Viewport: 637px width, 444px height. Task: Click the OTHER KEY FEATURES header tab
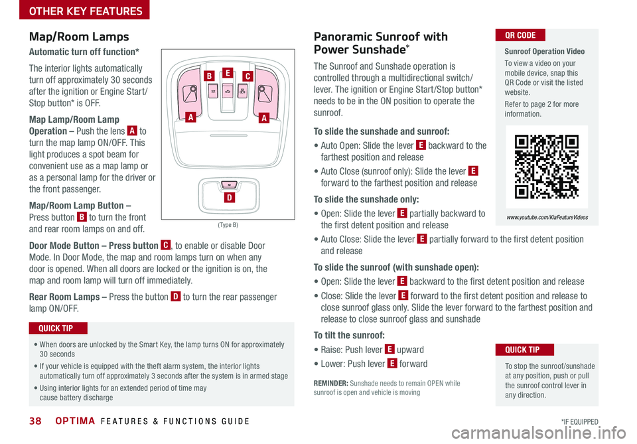[x=76, y=11]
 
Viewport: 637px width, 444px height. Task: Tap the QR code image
[x=547, y=167]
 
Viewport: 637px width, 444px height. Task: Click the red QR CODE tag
[x=520, y=35]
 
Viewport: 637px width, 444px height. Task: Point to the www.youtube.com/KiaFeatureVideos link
[x=547, y=217]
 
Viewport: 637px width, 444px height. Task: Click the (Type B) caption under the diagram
[x=228, y=225]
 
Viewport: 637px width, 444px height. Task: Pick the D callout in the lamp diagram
[x=228, y=198]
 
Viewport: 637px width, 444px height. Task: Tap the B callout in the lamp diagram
[x=208, y=76]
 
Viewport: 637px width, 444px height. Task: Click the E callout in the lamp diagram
[x=227, y=73]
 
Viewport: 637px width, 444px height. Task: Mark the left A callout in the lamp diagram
[x=190, y=117]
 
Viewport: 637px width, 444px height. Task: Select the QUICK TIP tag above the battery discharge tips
[x=58, y=328]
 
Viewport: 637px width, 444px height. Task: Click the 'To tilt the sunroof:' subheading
[x=352, y=335]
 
